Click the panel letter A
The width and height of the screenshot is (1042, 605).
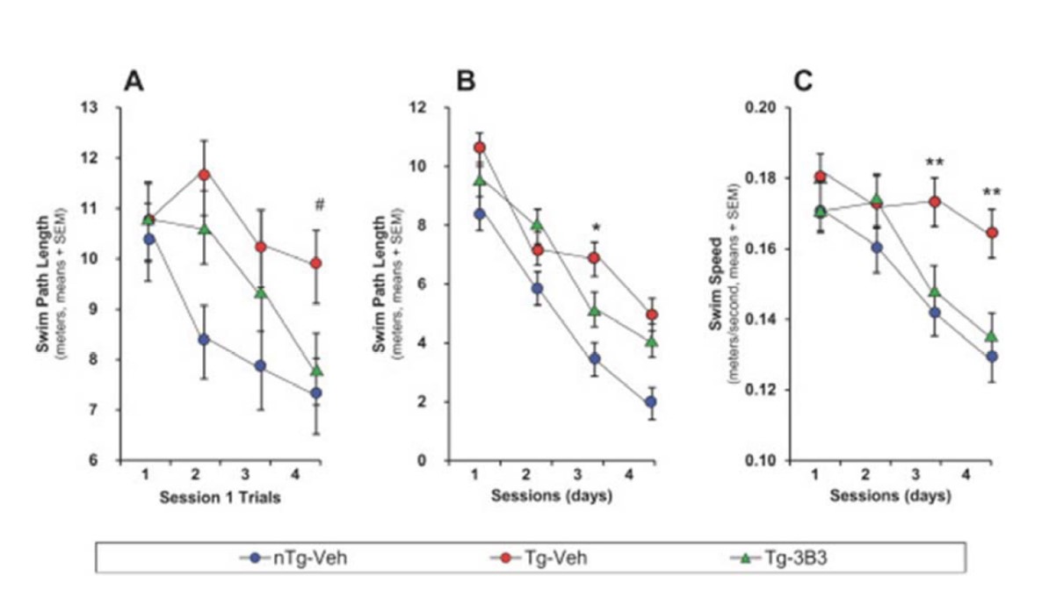click(134, 82)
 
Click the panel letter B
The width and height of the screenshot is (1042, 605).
click(467, 82)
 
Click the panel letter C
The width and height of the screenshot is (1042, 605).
click(802, 82)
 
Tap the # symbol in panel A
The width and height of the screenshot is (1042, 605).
click(320, 205)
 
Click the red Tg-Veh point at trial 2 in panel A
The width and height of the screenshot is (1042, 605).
click(205, 175)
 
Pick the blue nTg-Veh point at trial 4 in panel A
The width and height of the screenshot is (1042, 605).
click(316, 393)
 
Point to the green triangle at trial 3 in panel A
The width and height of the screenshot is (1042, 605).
click(261, 292)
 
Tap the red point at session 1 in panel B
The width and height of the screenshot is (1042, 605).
click(479, 148)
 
